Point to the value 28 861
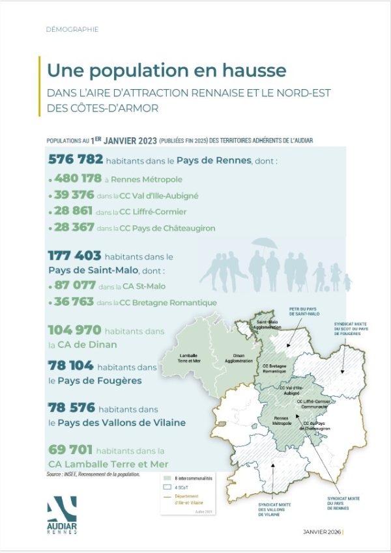click(x=72, y=211)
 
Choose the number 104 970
click(x=74, y=330)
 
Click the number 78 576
click(x=72, y=407)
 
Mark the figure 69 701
click(x=70, y=450)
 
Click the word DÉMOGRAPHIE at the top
click(x=72, y=29)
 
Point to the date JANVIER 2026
click(x=323, y=532)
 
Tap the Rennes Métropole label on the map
click(x=282, y=420)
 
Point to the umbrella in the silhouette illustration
click(x=265, y=243)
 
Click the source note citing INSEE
click(x=93, y=474)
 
